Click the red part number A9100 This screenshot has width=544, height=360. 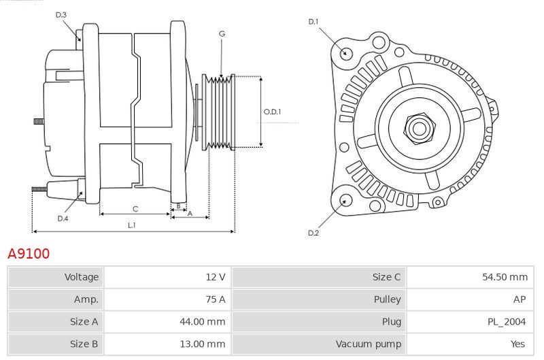click(29, 254)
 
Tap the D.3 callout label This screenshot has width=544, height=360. click(61, 15)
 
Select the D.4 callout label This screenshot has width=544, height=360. click(63, 218)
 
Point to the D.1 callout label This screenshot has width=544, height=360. click(313, 22)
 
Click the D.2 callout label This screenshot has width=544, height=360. click(313, 233)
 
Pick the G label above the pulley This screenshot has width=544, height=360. click(222, 33)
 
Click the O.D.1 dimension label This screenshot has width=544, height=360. click(273, 112)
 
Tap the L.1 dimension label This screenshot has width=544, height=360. click(132, 225)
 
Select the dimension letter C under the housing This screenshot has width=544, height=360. click(135, 209)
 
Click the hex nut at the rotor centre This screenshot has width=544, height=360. click(419, 129)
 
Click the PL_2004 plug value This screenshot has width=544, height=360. click(507, 322)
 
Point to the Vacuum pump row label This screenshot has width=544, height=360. click(369, 344)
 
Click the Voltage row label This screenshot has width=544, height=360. click(82, 277)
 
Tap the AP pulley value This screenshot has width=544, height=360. click(520, 299)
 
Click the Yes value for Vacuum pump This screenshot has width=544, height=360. click(517, 344)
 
